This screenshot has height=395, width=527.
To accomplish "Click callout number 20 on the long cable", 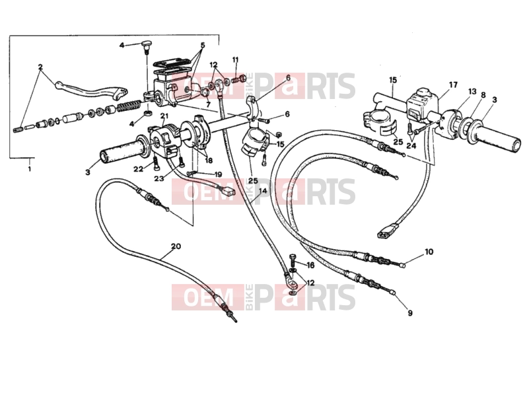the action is tap(176, 246).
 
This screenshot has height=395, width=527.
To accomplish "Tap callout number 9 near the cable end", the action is tap(409, 313).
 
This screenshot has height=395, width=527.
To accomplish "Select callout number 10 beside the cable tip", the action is tap(429, 252).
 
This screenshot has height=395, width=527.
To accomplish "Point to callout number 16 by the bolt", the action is tap(310, 266).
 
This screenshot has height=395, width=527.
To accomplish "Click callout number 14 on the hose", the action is tap(263, 190).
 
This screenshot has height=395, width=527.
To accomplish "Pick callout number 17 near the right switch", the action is tap(453, 85).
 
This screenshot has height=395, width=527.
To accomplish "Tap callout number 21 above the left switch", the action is tap(164, 116).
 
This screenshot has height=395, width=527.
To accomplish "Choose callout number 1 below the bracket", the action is tap(29, 168).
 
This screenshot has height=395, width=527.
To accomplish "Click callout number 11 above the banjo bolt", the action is tap(235, 60).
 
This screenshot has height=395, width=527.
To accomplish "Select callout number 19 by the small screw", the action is tap(218, 174).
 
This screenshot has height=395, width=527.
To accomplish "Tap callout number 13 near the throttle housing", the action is tap(472, 91).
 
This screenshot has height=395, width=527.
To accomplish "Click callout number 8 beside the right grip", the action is tap(483, 95).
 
